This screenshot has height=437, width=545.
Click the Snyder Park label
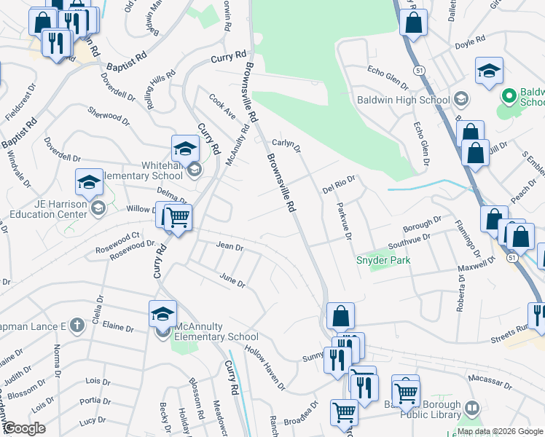(383, 260)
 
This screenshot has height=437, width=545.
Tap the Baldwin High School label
(403, 100)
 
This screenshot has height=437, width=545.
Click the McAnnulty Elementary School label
(212, 336)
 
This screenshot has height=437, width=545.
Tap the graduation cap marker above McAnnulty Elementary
(163, 315)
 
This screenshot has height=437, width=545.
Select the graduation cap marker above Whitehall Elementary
(186, 149)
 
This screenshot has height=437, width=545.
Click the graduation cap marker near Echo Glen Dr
(489, 71)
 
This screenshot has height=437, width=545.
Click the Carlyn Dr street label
(286, 143)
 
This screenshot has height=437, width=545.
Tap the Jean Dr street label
(230, 247)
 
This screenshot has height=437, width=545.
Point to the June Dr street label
(232, 280)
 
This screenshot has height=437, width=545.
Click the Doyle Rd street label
(470, 41)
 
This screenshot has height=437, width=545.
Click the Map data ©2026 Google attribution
(500, 431)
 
